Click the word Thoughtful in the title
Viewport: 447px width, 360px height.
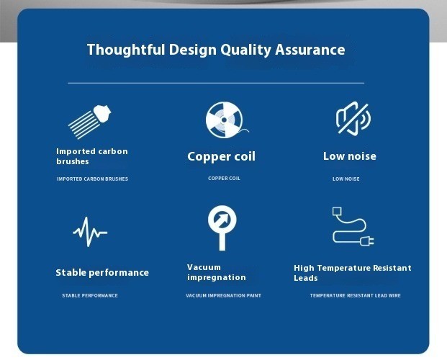coord(126,50)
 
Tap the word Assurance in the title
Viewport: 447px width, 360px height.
coord(310,50)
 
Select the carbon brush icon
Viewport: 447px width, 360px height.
coord(90,122)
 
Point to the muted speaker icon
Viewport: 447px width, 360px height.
coord(353,118)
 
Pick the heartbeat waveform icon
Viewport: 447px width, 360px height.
coord(90,232)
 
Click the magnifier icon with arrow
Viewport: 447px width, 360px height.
coord(222,228)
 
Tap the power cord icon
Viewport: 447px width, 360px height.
coord(353,227)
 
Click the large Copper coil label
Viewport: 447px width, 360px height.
coord(221,156)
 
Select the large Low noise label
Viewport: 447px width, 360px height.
coord(350,156)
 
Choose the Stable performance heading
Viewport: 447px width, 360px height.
coord(102,273)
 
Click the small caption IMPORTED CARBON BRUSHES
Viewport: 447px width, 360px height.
coord(92,179)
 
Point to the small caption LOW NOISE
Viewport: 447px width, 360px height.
coord(346,179)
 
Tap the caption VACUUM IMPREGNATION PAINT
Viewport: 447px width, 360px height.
coord(223,295)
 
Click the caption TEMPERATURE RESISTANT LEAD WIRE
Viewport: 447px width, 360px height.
coord(355,295)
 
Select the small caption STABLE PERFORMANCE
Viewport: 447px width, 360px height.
coord(90,295)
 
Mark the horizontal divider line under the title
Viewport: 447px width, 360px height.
coord(216,83)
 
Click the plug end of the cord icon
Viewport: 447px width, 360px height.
coord(367,241)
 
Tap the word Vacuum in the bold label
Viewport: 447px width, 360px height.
coord(204,267)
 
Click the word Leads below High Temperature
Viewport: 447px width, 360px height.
coord(306,278)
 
